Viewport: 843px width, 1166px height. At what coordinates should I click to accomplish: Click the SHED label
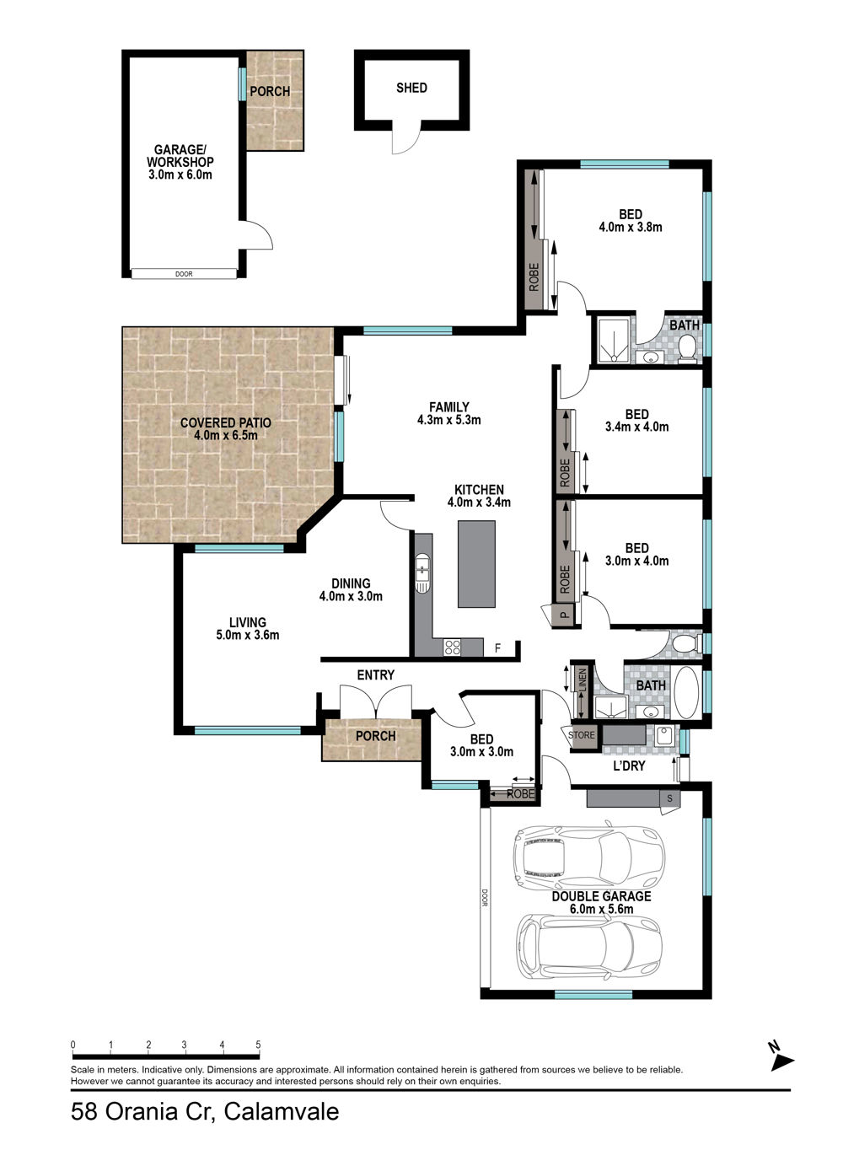tap(411, 88)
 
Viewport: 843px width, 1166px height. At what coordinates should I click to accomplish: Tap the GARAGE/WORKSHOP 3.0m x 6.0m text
tap(180, 162)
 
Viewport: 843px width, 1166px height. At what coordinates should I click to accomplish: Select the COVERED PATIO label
tap(226, 422)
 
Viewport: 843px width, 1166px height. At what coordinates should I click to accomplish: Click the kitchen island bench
tap(476, 564)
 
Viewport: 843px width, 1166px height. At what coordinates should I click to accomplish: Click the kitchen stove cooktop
tap(452, 647)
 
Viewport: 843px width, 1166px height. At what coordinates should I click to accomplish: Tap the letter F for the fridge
tap(497, 648)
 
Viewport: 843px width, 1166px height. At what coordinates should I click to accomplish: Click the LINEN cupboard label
tap(583, 680)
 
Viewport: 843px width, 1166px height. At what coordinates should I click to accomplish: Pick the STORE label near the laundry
tap(582, 735)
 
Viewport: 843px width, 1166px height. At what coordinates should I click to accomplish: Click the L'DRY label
tap(629, 766)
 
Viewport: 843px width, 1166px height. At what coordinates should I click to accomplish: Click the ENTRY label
tap(376, 675)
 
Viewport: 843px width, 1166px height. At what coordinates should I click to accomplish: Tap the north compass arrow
tap(782, 1062)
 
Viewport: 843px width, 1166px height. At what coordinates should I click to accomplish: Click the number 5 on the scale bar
tap(258, 1045)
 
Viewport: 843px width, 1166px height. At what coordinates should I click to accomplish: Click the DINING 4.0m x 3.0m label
tap(351, 590)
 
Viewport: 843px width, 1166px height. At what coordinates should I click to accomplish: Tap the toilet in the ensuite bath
tap(687, 347)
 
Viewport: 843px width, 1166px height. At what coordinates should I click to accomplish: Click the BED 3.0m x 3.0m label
tap(482, 745)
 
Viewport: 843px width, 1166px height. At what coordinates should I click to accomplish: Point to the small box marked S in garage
tap(669, 798)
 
